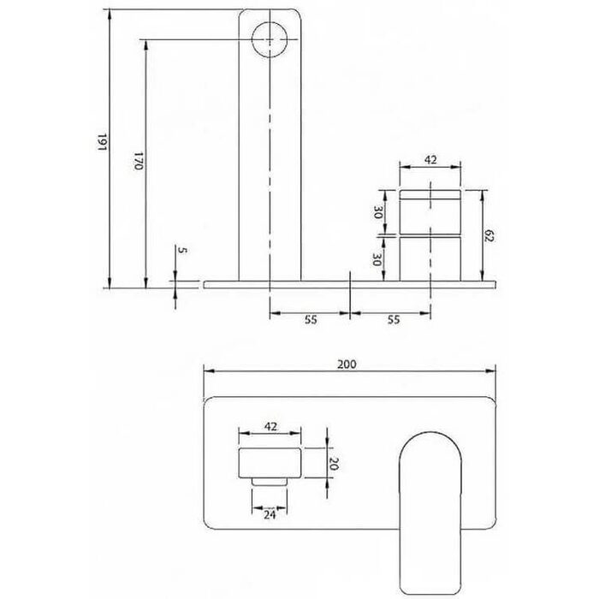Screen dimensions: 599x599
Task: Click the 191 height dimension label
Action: (103, 142)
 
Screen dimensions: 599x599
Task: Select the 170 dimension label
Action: (139, 161)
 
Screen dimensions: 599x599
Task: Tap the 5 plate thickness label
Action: (183, 251)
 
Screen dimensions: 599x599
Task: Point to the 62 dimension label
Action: (489, 235)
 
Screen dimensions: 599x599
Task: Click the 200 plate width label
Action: (347, 365)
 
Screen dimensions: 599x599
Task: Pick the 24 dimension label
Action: (270, 515)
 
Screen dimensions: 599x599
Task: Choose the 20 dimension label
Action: (334, 464)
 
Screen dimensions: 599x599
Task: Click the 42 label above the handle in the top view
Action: (430, 160)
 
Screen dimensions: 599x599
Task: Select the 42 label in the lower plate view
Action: (270, 426)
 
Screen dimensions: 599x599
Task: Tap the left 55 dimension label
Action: (311, 319)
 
